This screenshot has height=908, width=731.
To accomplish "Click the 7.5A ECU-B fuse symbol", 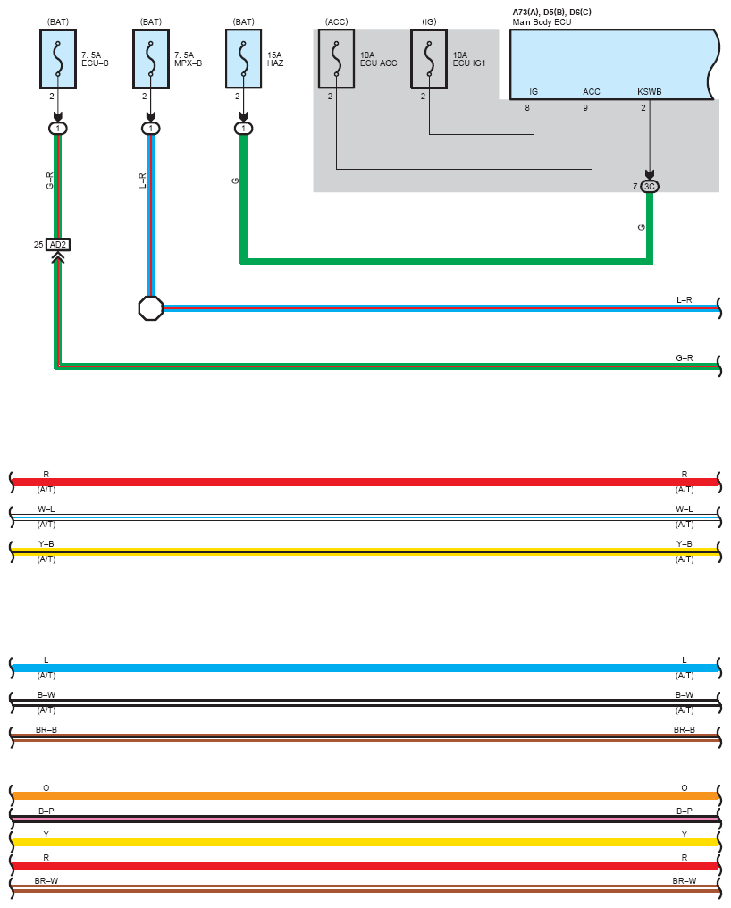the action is tap(58, 59).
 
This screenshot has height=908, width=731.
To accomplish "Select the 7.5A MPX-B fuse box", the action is tap(151, 59).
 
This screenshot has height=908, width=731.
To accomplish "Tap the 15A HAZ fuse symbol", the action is tap(243, 59).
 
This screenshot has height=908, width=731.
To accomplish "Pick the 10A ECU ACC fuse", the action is tap(336, 59).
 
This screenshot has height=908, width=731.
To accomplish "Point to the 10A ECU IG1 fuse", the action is tap(429, 59).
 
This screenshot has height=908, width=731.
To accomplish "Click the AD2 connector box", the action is tap(58, 244).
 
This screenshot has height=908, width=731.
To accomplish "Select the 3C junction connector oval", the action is tap(650, 187).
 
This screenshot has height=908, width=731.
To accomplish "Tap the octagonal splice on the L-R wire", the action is tap(151, 308).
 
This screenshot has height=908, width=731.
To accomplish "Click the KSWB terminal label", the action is tap(650, 91).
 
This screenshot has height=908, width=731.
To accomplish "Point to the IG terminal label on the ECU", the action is tap(534, 91).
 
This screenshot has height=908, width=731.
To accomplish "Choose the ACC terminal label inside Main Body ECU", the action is tap(592, 91).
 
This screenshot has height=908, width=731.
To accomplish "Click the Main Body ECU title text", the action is tap(542, 22).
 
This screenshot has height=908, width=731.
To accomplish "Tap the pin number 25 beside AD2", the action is tap(38, 244).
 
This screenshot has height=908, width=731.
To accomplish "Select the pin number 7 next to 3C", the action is tap(634, 187).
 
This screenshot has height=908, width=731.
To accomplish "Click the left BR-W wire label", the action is tap(46, 881).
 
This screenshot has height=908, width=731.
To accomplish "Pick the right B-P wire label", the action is tap(684, 811).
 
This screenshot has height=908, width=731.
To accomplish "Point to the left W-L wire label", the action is tap(46, 509).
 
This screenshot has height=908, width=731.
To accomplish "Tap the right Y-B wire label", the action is tap(684, 543).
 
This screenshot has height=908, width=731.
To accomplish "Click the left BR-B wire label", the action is tap(46, 729).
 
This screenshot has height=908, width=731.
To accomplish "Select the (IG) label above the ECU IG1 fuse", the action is tap(429, 22).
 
